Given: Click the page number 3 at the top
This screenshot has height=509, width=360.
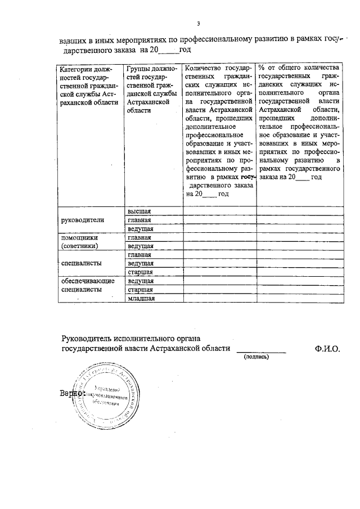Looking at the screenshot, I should click(x=198, y=23).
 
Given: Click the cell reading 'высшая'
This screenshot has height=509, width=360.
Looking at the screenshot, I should click(x=139, y=211).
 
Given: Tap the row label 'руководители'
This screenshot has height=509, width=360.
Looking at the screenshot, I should click(x=83, y=220).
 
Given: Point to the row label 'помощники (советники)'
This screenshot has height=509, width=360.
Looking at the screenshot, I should click(x=80, y=242).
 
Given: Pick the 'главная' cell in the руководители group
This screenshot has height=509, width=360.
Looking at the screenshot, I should click(x=139, y=220).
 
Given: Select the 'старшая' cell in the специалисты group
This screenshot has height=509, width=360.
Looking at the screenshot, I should click(x=141, y=272).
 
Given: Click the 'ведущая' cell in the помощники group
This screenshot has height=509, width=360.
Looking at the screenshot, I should click(x=141, y=246).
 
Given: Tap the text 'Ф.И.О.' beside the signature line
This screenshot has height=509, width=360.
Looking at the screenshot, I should click(x=328, y=349).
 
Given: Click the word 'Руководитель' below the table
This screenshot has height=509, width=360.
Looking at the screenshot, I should click(x=89, y=338).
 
